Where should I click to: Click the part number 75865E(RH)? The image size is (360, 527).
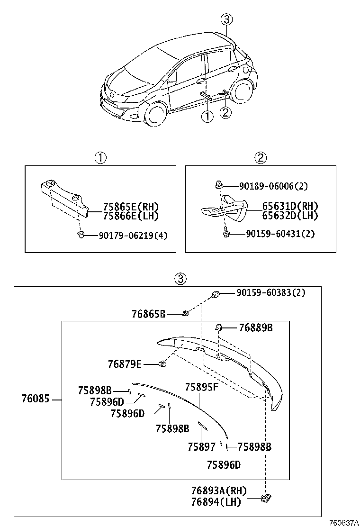point(130,207)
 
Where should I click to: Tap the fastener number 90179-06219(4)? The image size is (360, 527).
point(133,235)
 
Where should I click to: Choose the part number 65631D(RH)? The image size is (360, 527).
point(290,206)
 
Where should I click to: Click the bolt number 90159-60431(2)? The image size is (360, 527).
point(280,234)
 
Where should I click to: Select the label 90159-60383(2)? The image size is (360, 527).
point(271,293)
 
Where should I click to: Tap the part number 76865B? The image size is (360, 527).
point(148,313)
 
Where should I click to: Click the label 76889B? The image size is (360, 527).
point(256,327)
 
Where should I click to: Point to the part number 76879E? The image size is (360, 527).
point(125,364)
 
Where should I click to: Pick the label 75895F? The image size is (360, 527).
point(201,387)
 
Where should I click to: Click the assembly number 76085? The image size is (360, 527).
point(35,399)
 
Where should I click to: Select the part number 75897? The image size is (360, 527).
point(201,446)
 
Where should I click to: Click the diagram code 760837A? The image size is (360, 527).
point(343,522)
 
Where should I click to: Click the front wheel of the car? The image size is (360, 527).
point(156,115)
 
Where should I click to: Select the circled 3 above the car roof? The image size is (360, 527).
point(227,19)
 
